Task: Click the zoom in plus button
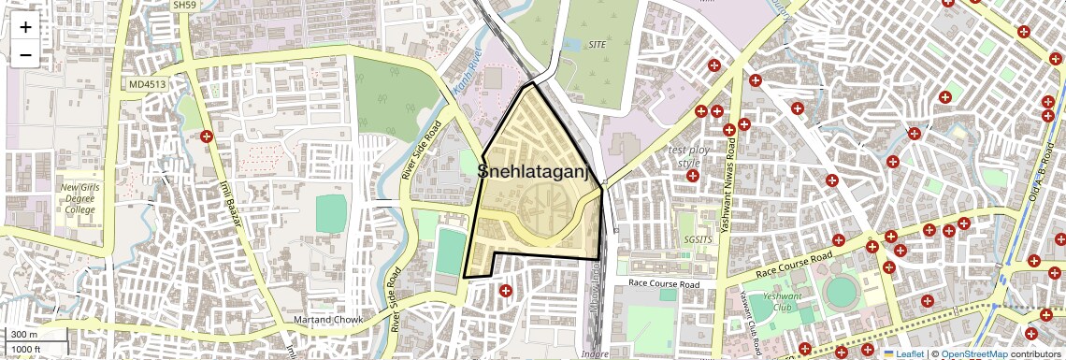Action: click(25, 27)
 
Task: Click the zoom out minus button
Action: click(25, 55)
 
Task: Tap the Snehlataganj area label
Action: click(536, 171)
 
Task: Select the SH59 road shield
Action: click(184, 6)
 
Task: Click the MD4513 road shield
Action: click(148, 84)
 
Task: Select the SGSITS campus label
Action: click(698, 239)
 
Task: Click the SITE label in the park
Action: click(598, 44)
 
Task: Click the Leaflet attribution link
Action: click(908, 353)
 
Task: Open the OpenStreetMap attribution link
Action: click(973, 353)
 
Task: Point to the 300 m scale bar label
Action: click(23, 334)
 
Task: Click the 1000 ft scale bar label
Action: click(26, 349)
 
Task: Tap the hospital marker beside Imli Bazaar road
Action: click(208, 137)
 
